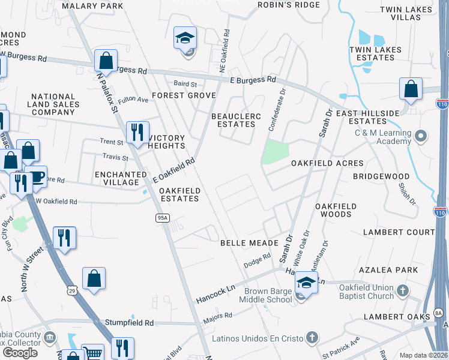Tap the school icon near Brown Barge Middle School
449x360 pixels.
[306, 283]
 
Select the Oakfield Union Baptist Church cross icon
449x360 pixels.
[403, 291]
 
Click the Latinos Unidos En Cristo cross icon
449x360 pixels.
[311, 338]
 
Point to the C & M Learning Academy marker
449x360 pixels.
[420, 136]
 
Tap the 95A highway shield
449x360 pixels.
[161, 218]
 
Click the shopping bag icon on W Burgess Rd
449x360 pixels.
[106, 60]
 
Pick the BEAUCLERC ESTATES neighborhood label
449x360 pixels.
[234, 120]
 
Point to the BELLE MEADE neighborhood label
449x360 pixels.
[249, 243]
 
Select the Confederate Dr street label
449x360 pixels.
[278, 110]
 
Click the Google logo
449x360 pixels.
[20, 352]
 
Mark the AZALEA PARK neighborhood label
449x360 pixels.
[388, 270]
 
